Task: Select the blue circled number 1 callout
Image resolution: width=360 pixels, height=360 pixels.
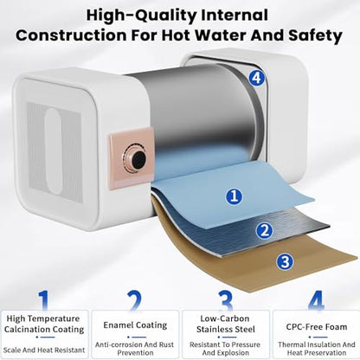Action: click(x=234, y=196)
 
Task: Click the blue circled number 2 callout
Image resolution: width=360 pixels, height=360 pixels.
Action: click(x=264, y=230)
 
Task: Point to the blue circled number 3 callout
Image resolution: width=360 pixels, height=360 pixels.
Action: click(x=285, y=262)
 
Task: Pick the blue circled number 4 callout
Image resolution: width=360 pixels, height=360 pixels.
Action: click(x=256, y=78)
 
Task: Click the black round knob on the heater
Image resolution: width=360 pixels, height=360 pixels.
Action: click(x=136, y=158)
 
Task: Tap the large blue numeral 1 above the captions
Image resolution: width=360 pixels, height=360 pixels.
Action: click(x=43, y=300)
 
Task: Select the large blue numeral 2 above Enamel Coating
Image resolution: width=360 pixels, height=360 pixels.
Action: click(x=135, y=300)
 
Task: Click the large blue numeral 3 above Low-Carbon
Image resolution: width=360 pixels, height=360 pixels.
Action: click(x=225, y=300)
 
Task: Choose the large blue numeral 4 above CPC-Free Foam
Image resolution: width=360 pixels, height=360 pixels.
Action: click(x=316, y=300)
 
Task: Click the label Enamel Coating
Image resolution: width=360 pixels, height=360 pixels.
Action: click(x=135, y=325)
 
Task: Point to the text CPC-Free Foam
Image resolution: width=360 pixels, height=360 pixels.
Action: click(x=317, y=327)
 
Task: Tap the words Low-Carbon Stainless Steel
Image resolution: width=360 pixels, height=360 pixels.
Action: click(x=225, y=324)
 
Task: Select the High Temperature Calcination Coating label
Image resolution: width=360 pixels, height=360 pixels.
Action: click(x=44, y=324)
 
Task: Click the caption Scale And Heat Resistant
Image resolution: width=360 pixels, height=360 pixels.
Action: click(x=44, y=350)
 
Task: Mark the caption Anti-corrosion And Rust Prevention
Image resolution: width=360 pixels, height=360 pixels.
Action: click(x=135, y=349)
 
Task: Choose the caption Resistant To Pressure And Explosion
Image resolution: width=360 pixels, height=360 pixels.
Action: click(x=225, y=349)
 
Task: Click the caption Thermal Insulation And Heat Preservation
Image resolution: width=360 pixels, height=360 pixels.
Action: click(x=317, y=349)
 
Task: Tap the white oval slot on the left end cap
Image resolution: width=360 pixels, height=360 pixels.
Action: click(x=54, y=151)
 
